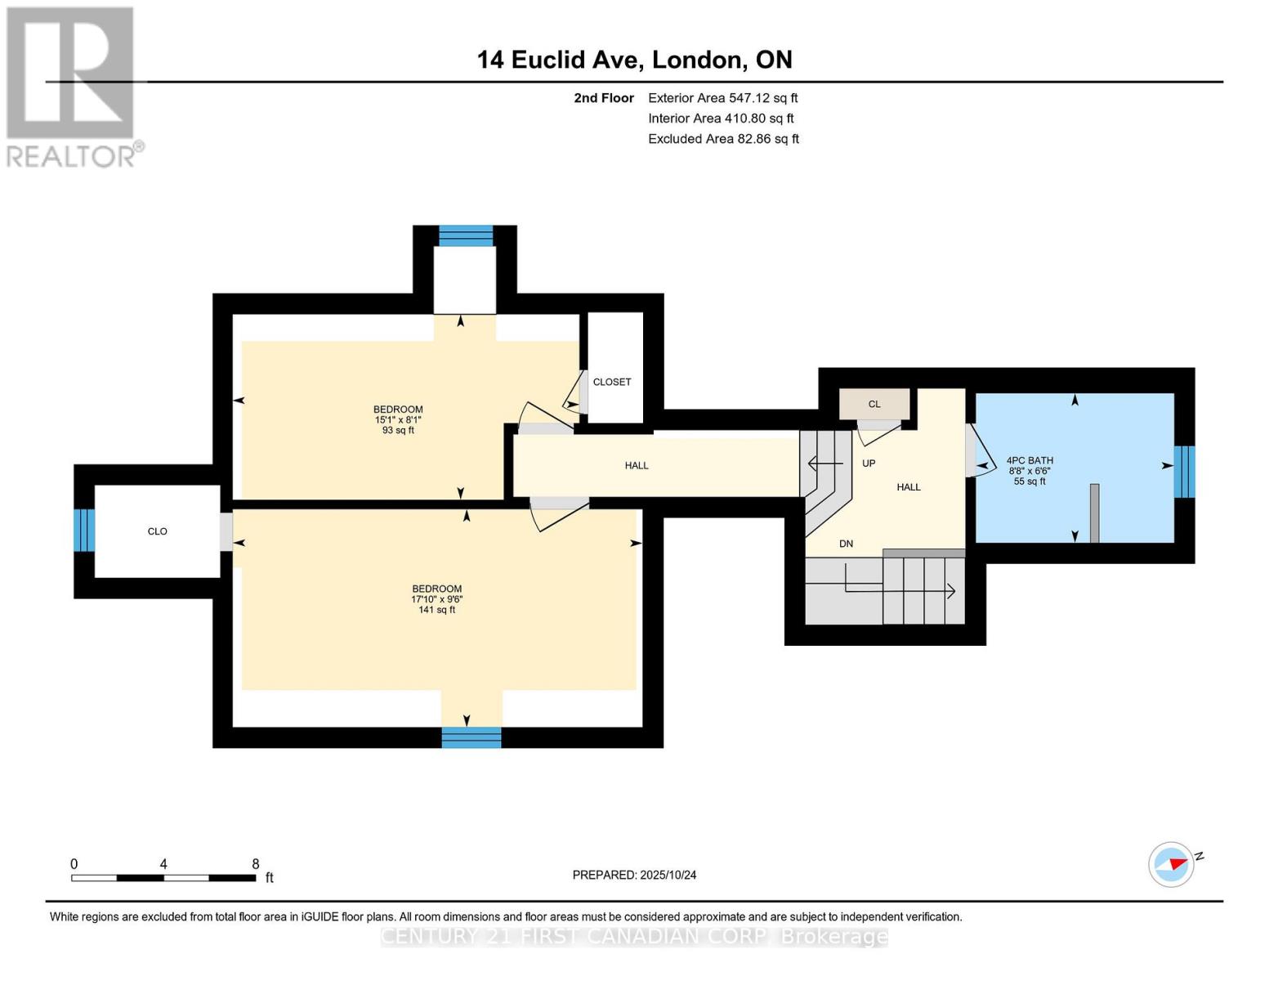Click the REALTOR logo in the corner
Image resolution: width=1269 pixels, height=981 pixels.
click(72, 87)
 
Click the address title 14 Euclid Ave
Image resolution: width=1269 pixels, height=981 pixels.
click(634, 60)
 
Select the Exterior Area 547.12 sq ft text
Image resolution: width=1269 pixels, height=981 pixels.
click(722, 98)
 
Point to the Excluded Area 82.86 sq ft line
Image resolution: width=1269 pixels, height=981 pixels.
click(723, 139)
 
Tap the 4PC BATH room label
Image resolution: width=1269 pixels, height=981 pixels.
click(1030, 461)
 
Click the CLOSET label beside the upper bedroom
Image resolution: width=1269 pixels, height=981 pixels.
click(612, 382)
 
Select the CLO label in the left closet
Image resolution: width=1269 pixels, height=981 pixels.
click(157, 531)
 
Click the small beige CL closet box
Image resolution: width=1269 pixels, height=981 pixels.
click(874, 404)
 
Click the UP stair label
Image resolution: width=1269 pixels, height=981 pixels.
click(869, 464)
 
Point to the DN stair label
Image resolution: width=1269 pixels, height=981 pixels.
click(846, 544)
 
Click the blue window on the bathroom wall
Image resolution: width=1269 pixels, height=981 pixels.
click(1184, 472)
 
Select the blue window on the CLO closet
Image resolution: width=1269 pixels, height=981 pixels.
click(84, 531)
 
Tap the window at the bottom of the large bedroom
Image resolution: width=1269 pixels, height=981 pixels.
click(471, 737)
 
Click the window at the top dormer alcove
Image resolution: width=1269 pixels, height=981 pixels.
click(466, 235)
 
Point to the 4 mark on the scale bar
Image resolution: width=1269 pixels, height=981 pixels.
click(163, 864)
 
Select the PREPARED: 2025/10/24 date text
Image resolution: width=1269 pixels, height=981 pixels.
click(634, 875)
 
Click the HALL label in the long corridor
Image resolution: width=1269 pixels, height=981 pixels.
click(637, 465)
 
